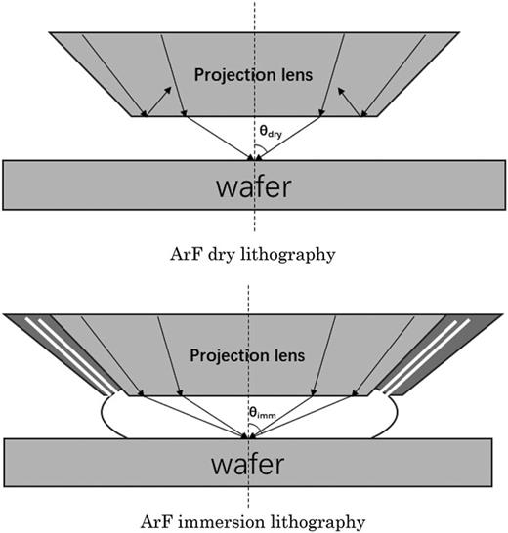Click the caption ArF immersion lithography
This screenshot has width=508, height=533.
(x=252, y=521)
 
